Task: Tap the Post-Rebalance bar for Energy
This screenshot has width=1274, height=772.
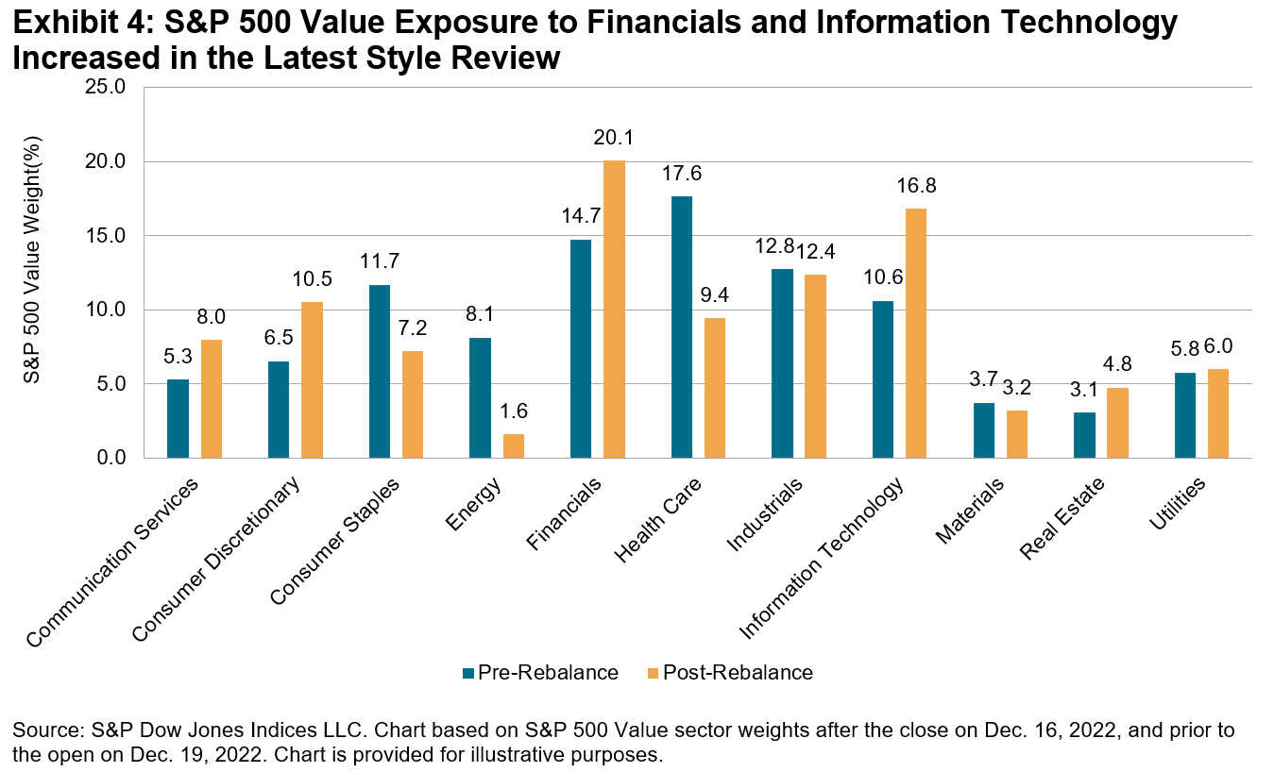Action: click(x=513, y=446)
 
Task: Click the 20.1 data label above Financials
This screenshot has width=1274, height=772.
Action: click(x=614, y=138)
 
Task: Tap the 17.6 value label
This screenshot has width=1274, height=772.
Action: click(x=681, y=175)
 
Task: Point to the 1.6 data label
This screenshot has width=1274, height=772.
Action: click(x=514, y=412)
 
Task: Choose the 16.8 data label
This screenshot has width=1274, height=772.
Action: click(x=916, y=186)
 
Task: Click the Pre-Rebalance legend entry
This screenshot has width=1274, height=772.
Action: click(x=539, y=673)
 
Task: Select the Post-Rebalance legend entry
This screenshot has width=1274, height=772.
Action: click(x=728, y=673)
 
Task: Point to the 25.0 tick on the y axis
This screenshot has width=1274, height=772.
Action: click(x=106, y=88)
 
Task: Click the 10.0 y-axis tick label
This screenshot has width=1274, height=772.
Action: click(x=106, y=310)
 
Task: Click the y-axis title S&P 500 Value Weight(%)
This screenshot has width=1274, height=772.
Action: click(x=32, y=274)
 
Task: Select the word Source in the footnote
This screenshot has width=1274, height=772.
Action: click(x=41, y=731)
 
